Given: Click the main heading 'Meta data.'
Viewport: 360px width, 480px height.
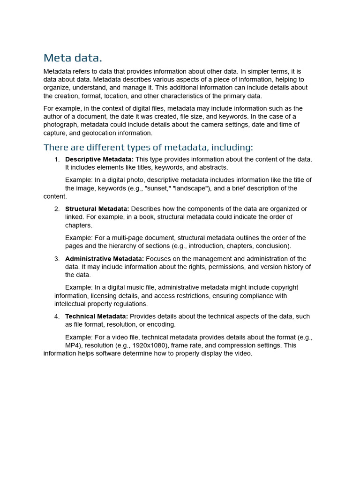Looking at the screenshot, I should [73, 58].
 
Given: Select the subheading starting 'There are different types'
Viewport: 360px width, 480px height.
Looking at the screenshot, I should [148, 148].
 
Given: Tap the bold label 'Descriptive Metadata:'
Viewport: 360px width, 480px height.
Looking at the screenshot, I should [99, 159].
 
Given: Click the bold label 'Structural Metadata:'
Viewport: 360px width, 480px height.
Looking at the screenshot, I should [97, 209].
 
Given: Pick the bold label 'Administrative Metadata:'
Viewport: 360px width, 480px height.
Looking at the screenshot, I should [105, 259].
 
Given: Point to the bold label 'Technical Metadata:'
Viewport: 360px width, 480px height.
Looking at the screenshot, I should [97, 316].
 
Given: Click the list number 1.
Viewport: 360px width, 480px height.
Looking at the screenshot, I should [57, 159].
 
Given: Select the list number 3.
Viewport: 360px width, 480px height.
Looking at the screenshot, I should [57, 259].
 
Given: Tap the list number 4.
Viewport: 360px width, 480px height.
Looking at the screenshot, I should [57, 316].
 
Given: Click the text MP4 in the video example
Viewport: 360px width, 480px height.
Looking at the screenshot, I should [73, 345].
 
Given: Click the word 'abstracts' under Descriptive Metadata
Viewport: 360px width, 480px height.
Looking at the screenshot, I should [213, 167].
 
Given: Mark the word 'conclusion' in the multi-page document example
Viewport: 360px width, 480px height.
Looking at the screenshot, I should [274, 246].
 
